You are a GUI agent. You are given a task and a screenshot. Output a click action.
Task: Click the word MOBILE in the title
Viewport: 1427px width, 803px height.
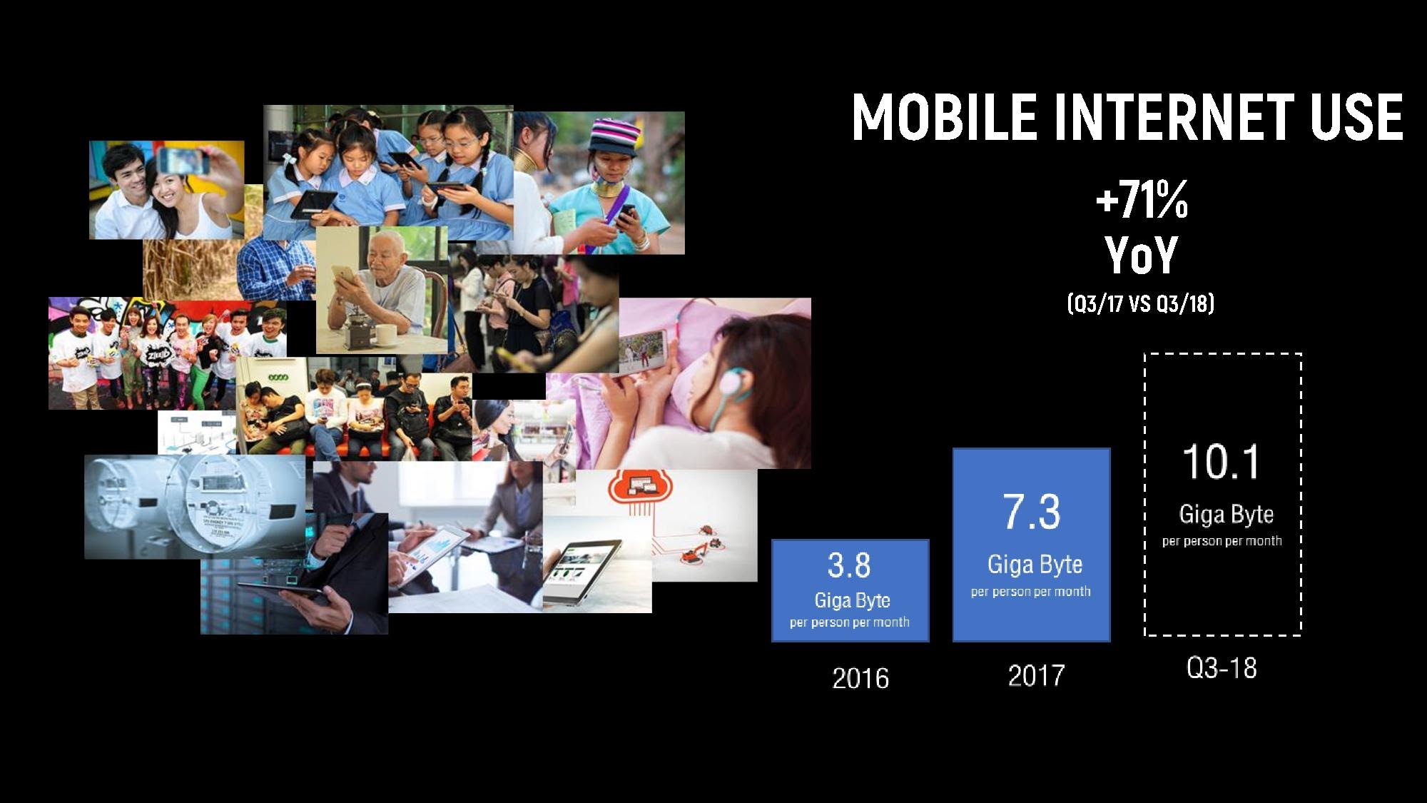[944, 116]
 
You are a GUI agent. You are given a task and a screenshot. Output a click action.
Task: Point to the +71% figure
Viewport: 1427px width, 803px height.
[1142, 200]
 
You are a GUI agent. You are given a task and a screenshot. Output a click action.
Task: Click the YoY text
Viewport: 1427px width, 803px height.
[1142, 255]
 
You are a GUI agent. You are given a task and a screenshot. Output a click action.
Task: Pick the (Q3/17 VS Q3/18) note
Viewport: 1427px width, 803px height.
[1141, 303]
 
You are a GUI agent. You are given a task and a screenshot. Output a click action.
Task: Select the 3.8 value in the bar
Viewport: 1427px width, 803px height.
[849, 565]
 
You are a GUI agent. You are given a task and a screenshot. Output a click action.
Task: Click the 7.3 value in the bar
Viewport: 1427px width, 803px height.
[1032, 511]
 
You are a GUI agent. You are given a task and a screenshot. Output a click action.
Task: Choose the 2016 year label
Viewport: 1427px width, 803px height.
[860, 678]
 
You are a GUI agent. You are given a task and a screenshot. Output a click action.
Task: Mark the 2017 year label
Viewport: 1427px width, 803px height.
[1036, 675]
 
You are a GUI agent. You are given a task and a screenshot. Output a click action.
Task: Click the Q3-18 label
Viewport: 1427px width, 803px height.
[1222, 668]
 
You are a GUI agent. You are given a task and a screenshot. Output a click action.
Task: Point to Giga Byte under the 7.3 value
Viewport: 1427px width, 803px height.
[1035, 565]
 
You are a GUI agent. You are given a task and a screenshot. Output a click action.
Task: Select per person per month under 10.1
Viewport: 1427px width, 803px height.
[1222, 541]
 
